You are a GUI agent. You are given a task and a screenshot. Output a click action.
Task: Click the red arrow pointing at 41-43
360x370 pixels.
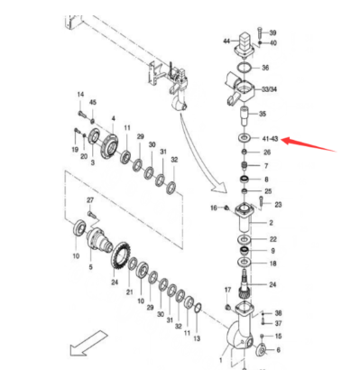(309, 144)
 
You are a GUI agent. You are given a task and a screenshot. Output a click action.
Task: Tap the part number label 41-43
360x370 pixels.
(270, 139)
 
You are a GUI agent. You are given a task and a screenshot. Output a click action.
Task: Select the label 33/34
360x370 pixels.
(269, 89)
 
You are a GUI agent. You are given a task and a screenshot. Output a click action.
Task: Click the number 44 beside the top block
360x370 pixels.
(226, 41)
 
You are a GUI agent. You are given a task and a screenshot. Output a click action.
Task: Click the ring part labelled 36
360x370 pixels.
(244, 68)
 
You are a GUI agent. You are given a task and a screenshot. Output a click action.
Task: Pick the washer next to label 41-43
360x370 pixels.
(245, 138)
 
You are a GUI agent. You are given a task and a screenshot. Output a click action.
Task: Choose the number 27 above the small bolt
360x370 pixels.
(90, 200)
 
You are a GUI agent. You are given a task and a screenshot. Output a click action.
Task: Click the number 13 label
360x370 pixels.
(197, 338)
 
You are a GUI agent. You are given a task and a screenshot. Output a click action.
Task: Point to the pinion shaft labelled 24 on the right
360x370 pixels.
(245, 284)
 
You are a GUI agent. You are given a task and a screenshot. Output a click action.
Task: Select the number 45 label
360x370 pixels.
(93, 102)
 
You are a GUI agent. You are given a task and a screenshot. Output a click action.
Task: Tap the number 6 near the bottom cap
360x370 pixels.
(278, 350)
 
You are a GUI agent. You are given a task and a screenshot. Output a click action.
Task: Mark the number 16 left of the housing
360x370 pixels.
(214, 208)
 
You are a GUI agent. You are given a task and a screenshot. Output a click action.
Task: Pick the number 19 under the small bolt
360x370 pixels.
(75, 150)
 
